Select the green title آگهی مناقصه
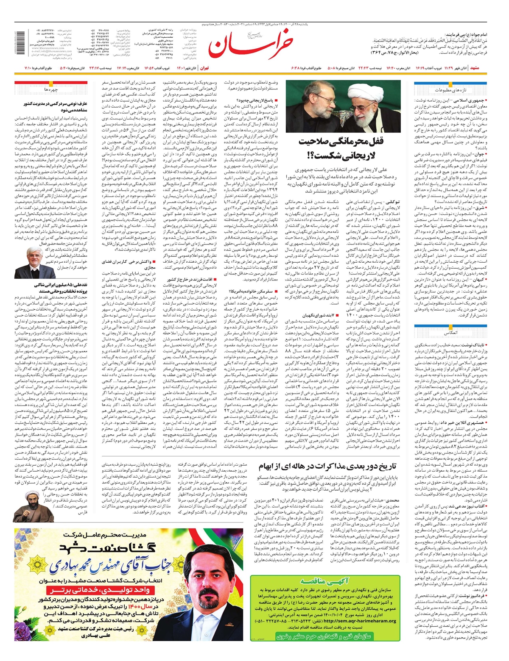(x=324, y=582)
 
